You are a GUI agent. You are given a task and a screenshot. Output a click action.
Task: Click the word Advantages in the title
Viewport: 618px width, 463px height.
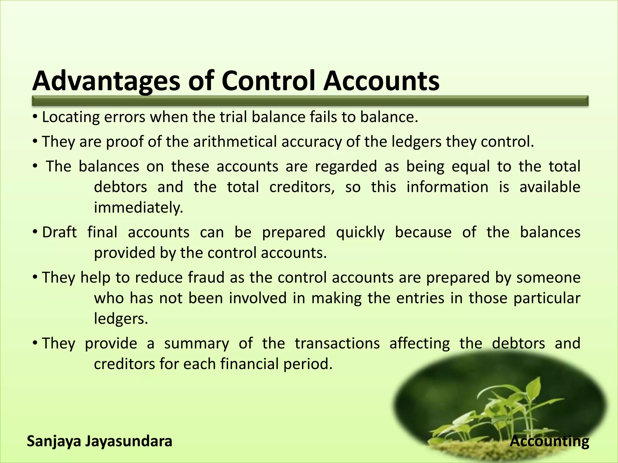[x=106, y=81]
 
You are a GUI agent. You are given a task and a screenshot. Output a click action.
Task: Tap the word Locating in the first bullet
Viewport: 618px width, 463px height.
[x=71, y=117]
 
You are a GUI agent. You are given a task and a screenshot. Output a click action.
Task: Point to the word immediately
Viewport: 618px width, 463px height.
[x=139, y=208]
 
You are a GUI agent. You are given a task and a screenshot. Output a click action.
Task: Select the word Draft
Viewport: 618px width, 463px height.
[x=59, y=232]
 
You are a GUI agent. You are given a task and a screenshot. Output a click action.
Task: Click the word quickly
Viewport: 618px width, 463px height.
[x=360, y=232]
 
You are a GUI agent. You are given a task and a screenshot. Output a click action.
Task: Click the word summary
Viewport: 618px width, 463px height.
[x=196, y=343]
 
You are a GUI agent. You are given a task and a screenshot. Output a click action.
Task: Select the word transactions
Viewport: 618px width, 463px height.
[x=337, y=343]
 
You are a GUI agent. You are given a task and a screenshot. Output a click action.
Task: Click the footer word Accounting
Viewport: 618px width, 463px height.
[x=549, y=441]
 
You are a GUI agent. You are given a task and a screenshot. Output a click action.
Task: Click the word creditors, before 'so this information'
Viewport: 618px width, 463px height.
[x=302, y=187]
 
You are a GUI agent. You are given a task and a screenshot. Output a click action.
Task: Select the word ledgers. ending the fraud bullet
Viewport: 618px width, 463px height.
[x=121, y=319]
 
